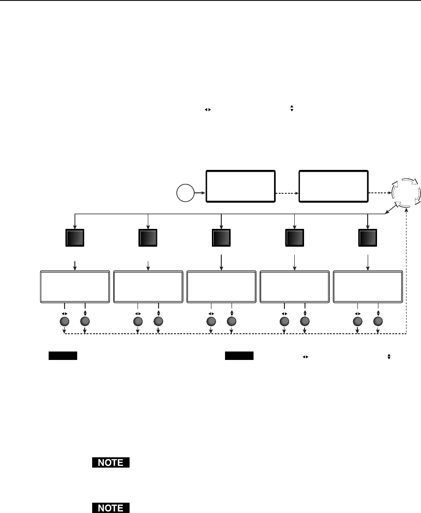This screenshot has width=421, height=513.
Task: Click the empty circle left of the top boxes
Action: [185, 192]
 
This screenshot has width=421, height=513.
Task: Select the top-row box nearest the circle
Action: [240, 186]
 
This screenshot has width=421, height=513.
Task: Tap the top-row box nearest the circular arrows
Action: [333, 186]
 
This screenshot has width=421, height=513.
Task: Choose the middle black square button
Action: [221, 238]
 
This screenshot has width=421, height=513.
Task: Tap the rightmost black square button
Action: [367, 238]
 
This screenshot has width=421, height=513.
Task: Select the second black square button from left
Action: [148, 238]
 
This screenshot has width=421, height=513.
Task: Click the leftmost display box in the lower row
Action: [75, 286]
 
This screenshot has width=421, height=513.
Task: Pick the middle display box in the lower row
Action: [221, 286]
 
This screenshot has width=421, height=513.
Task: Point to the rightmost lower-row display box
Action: [368, 286]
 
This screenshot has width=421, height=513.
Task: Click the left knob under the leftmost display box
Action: [65, 322]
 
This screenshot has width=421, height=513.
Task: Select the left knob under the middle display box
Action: [210, 322]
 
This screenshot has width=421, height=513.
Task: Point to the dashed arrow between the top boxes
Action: [287, 192]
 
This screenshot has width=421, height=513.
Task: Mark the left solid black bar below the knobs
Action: [62, 356]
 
